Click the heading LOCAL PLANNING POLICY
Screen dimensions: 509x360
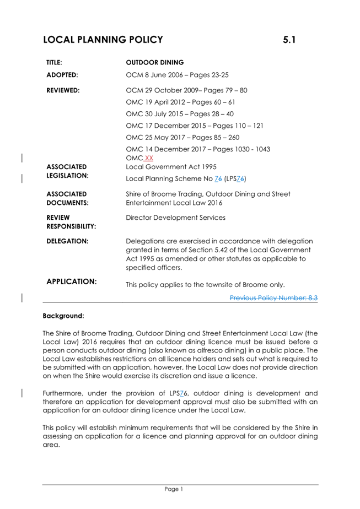103,40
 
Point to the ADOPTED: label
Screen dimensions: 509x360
62,74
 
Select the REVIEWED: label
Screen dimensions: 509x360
63,90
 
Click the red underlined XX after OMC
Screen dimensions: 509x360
148,159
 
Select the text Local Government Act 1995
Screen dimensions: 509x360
171,166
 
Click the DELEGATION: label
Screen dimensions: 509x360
67,241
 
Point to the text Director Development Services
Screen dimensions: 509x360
175,218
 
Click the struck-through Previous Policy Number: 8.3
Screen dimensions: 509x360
273,297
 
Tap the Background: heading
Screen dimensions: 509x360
63,317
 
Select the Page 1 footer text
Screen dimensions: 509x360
174,489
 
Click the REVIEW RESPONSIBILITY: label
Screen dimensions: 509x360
71,221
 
